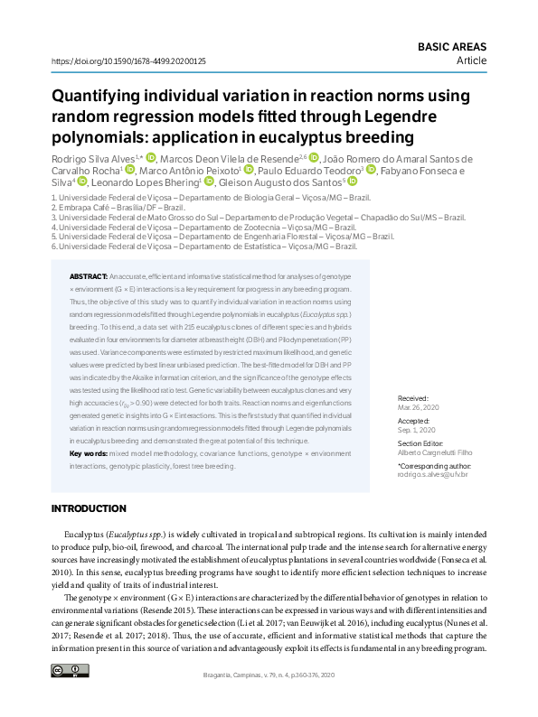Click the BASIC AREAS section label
tap(451, 46)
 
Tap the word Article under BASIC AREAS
tap(471, 61)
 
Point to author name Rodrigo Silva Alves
tap(93, 158)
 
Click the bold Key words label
tap(90, 452)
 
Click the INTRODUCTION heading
tap(89, 509)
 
